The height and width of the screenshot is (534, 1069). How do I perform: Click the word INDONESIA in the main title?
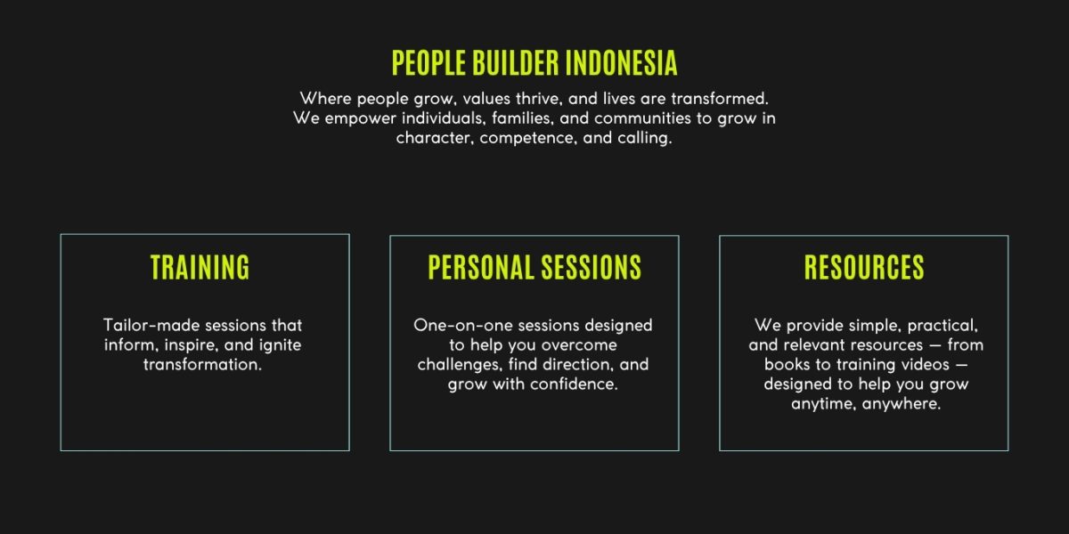622,62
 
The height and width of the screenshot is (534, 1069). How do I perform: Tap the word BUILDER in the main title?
516,62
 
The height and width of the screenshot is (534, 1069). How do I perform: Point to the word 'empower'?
360,119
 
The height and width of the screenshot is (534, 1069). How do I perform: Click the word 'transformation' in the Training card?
202,365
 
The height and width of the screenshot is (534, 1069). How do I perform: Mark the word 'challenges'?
460,365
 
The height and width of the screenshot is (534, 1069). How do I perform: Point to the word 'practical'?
943,326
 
